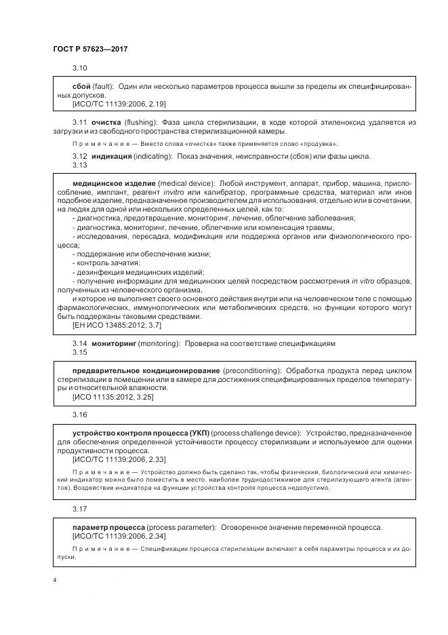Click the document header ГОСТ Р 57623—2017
[89, 50]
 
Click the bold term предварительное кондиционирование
[145, 370]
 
